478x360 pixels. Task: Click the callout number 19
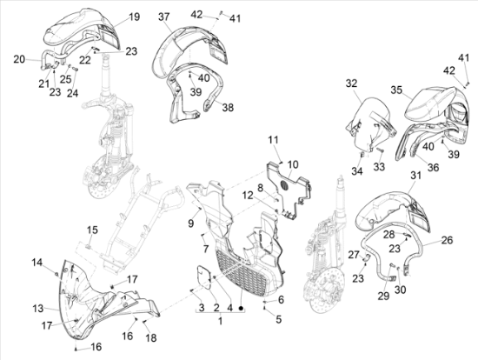134,17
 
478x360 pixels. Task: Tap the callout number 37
164,17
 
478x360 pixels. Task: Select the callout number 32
351,83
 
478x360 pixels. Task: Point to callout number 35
396,90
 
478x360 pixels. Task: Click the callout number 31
415,176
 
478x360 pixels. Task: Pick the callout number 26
447,240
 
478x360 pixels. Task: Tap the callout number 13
38,309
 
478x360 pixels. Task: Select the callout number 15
93,230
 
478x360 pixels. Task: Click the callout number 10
293,164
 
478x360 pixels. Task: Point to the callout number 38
228,107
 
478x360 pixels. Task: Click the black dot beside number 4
241,309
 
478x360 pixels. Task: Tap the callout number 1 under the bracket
220,321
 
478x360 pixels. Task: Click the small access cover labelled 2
203,276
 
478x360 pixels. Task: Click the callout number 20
19,59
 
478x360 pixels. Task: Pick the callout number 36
433,167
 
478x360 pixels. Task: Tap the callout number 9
191,223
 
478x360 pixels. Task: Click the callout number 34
357,171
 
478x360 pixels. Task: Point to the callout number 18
151,337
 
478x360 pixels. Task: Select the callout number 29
383,296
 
